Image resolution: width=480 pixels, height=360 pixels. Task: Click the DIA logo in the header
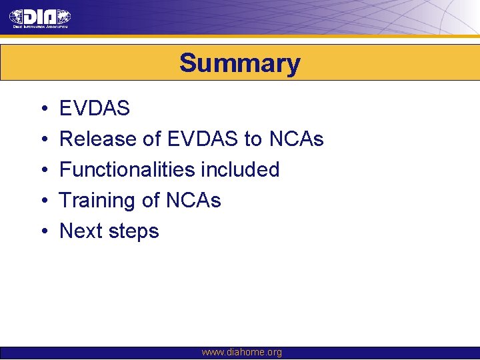coord(40,18)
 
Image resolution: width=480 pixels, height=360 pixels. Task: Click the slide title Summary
coord(240,63)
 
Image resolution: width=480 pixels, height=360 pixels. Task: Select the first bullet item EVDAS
coord(95,109)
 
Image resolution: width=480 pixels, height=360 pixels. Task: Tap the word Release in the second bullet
coord(98,139)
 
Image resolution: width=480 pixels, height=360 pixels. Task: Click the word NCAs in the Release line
coord(296,139)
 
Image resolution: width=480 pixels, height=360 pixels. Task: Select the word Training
coord(97,200)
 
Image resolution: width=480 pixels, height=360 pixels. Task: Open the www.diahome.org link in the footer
coord(241,352)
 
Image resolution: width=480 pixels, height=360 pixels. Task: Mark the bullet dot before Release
coord(43,140)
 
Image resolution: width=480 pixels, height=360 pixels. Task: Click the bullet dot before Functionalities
coord(43,170)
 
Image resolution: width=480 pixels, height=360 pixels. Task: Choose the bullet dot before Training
coord(43,201)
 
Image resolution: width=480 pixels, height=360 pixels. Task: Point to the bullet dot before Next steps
coord(43,231)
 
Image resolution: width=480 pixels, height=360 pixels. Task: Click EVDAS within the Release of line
coord(203,139)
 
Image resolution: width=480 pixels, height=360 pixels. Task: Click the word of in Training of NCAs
coord(150,200)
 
